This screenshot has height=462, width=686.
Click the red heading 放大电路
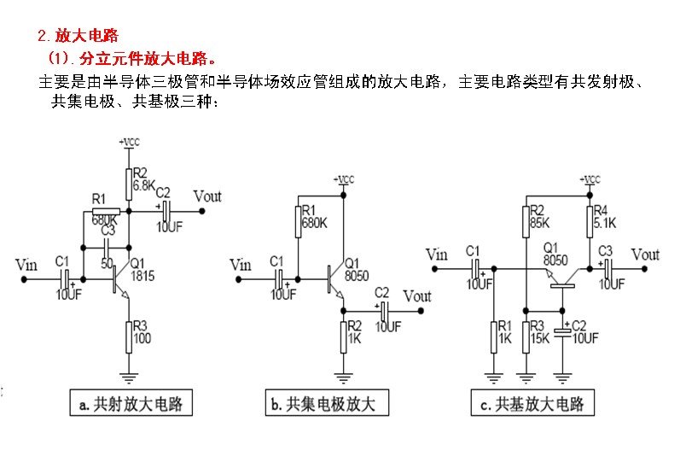pos(86,37)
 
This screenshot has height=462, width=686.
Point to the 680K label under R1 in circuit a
pos(105,219)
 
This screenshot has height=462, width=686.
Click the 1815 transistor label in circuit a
pos(143,276)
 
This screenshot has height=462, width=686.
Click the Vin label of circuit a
pos(26,265)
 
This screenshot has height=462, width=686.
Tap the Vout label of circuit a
pos(207,196)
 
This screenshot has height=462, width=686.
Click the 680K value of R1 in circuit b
pos(314,223)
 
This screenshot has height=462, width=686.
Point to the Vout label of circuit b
pos(417,296)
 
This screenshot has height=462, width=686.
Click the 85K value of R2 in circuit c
pos(539,224)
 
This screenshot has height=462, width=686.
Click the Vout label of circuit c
pos(645,254)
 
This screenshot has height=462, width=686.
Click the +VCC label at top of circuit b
pos(343,179)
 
